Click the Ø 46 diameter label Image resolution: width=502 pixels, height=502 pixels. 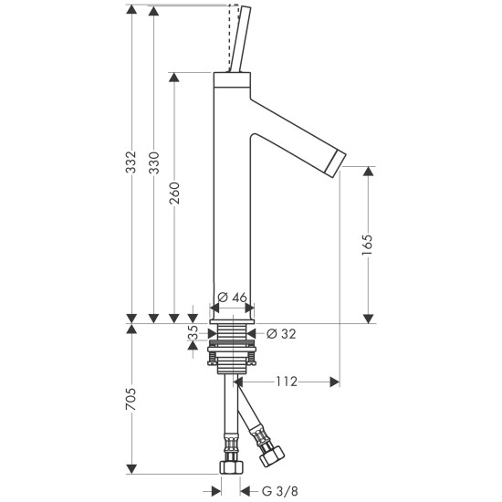[234, 298]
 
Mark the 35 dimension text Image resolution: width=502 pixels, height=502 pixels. [193, 335]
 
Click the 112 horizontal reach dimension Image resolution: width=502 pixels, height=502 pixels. [288, 382]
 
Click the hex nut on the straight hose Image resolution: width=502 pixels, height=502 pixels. [231, 466]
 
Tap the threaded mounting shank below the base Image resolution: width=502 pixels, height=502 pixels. [234, 347]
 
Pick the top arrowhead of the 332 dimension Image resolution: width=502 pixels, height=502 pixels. [133, 10]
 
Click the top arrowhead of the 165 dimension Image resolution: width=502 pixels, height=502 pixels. [368, 171]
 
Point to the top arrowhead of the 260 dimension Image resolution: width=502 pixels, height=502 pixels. [174, 78]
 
